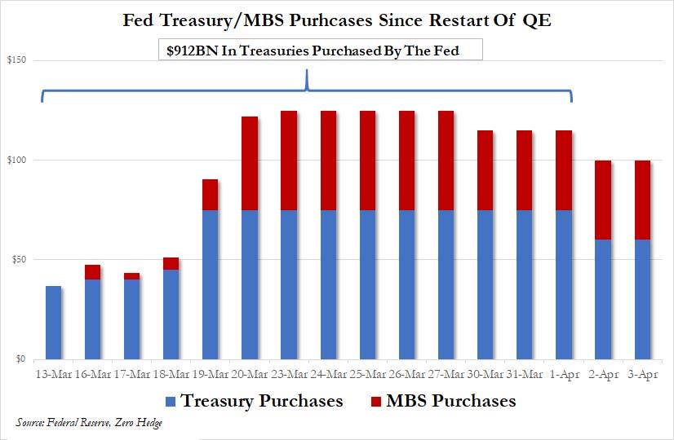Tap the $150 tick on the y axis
pyautogui.click(x=17, y=60)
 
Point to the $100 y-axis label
pyautogui.click(x=17, y=160)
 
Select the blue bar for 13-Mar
pyautogui.click(x=54, y=323)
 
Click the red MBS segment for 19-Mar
pyautogui.click(x=211, y=195)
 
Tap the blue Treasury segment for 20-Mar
pyautogui.click(x=251, y=284)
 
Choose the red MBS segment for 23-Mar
pyautogui.click(x=290, y=161)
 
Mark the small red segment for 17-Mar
pyautogui.click(x=132, y=276)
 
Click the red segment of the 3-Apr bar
pyautogui.click(x=643, y=200)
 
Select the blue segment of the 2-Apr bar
pyautogui.click(x=604, y=299)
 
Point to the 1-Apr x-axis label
pyautogui.click(x=565, y=374)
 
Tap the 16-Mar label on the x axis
pyautogui.click(x=92, y=374)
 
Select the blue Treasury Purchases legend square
pyautogui.click(x=171, y=401)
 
